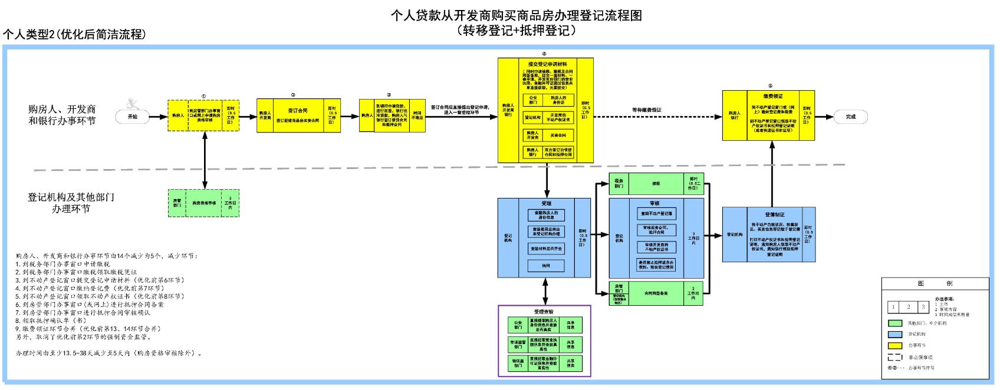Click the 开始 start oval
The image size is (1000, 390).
[133, 117]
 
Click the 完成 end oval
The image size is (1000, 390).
[850, 117]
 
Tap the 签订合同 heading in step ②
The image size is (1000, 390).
[298, 110]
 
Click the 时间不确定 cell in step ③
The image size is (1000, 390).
[417, 115]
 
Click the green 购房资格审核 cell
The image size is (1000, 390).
[203, 203]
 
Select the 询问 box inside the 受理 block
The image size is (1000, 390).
[546, 266]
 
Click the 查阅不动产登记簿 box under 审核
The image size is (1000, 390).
[656, 214]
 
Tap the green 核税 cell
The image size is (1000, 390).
[656, 184]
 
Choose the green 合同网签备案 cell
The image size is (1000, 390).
[656, 293]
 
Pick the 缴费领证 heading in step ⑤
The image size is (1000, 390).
[773, 96]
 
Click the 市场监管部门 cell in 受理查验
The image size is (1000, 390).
[517, 344]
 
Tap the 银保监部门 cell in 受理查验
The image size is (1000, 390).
[517, 363]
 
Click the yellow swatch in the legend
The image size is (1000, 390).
[895, 345]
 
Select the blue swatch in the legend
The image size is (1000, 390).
[895, 334]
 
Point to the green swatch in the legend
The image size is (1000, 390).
[895, 323]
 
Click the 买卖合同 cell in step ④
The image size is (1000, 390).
[558, 135]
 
